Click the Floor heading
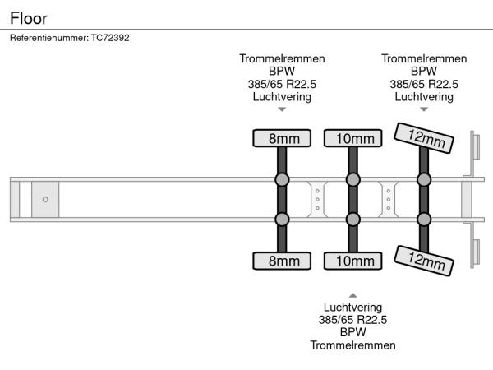point(29,16)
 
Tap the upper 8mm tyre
point(282,138)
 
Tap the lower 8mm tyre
point(282,261)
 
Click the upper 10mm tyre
point(353,138)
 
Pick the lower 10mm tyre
point(353,261)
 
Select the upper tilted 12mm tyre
point(425,138)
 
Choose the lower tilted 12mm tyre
point(425,260)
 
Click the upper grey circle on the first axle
point(282,180)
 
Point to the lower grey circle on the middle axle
point(353,219)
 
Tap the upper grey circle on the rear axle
point(425,180)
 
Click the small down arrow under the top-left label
point(282,109)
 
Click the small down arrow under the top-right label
point(424,109)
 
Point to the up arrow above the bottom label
point(352,294)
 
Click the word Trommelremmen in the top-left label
point(282,59)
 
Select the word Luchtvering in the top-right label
point(424,96)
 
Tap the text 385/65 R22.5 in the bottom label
point(352,320)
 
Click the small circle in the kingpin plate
point(45,199)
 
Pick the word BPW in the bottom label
point(352,332)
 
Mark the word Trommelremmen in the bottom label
point(352,345)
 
